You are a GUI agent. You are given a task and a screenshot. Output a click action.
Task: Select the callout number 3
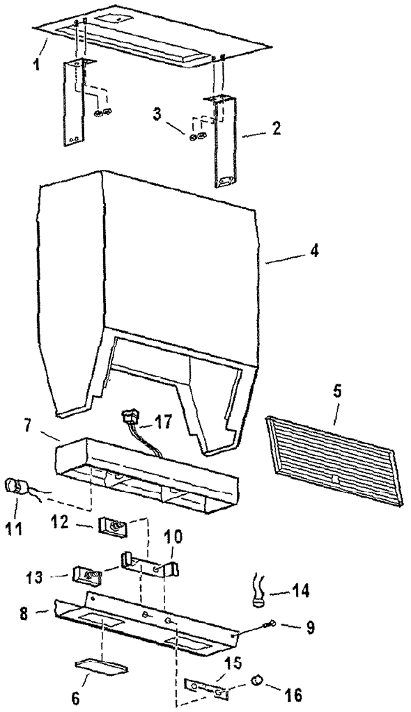[157, 114]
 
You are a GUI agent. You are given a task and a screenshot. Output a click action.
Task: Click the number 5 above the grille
[339, 391]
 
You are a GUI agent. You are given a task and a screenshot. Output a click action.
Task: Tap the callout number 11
[14, 528]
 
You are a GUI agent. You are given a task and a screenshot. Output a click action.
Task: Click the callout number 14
[300, 591]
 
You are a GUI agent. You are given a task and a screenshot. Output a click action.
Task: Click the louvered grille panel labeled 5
[334, 459]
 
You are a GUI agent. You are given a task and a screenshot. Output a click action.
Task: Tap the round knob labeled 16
[258, 680]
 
